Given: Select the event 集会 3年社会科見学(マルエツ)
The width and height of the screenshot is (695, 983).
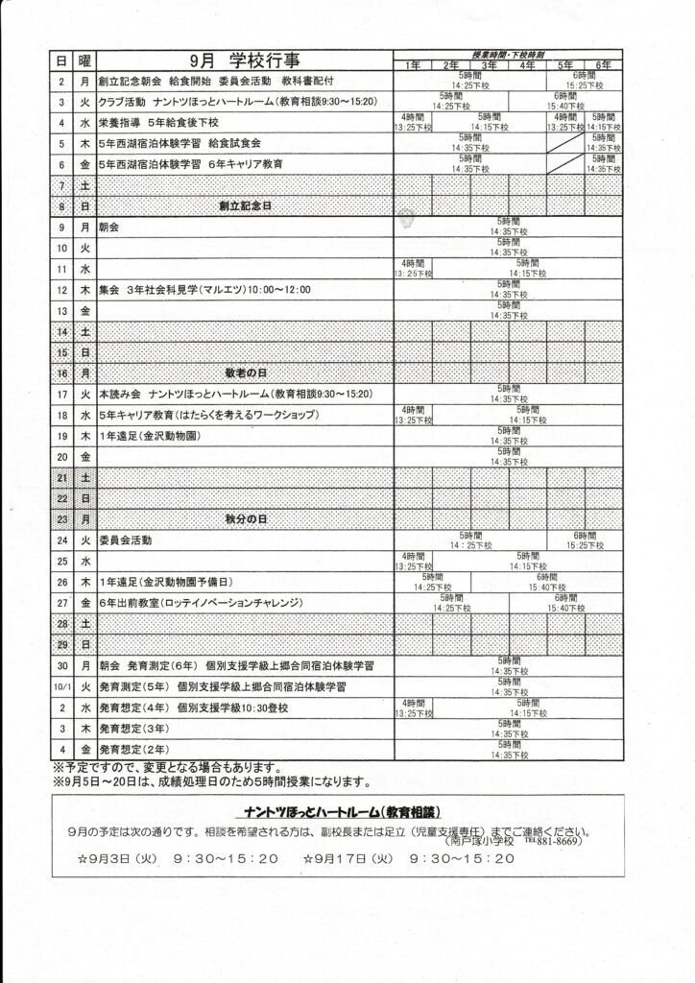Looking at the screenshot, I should pyautogui.click(x=191, y=289).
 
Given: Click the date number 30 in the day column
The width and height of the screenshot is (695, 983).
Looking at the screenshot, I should pyautogui.click(x=61, y=666).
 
